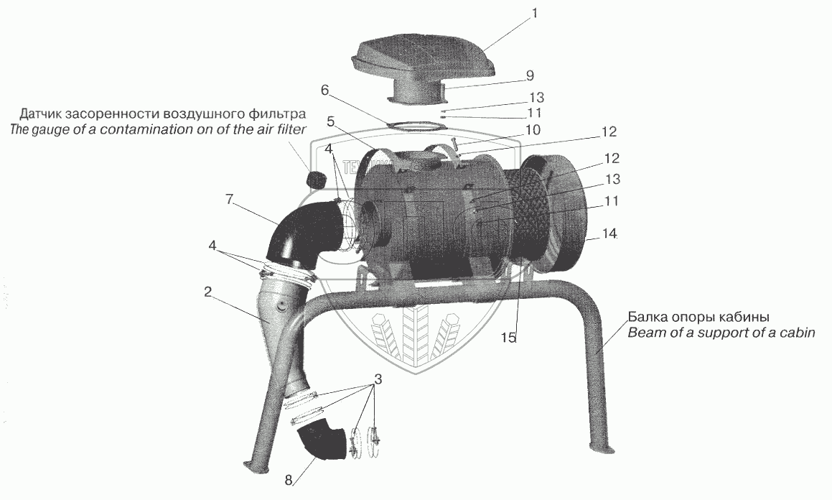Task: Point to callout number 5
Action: point(330,121)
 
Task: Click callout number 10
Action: point(532,129)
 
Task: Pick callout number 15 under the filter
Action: point(508,338)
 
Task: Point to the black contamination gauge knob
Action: point(314,179)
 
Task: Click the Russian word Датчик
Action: point(44,114)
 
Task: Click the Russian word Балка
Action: point(647,317)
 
